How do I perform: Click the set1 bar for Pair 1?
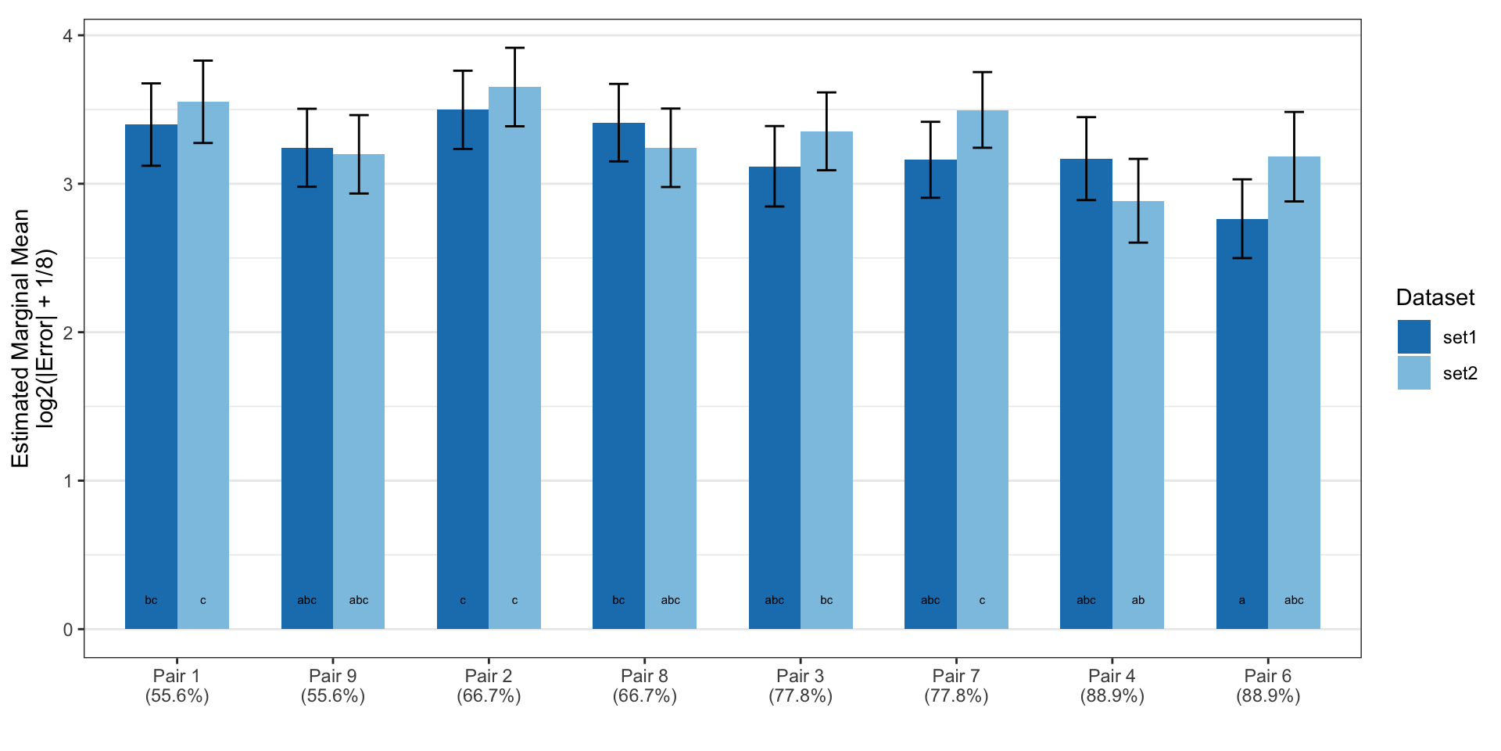(151, 376)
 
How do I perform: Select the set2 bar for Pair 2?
(514, 358)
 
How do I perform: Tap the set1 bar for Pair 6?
(1242, 424)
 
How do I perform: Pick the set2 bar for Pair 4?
(1138, 415)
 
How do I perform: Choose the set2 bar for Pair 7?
(983, 369)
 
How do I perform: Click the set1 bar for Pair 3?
(775, 397)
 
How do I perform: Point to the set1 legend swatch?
(1414, 337)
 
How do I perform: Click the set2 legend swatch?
(1414, 373)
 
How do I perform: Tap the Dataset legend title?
(1435, 297)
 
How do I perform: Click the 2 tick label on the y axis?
(69, 332)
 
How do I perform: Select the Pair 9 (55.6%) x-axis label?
(333, 686)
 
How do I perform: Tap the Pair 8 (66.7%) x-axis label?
(645, 686)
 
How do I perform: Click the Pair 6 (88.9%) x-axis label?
(1268, 686)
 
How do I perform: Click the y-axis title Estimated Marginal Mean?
(20, 338)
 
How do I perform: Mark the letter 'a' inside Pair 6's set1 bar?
(1242, 601)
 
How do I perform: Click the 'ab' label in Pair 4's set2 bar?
(1138, 600)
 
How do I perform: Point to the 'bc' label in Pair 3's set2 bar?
(826, 600)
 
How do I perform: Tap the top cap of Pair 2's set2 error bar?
(514, 48)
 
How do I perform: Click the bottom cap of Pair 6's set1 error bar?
(1242, 258)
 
